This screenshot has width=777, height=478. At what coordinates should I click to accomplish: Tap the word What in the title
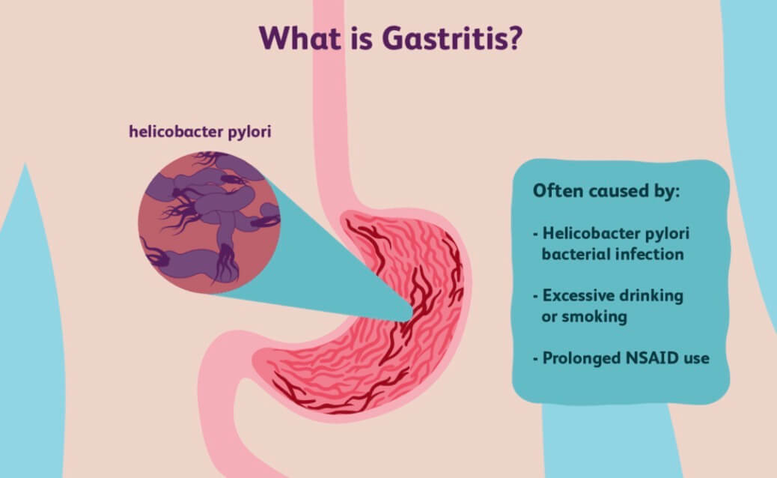pos(300,38)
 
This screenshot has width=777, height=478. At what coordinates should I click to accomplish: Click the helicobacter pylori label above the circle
pos(200,132)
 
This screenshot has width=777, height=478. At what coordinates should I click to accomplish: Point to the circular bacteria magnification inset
pos(209,222)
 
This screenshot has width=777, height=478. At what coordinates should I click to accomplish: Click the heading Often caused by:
pos(606,191)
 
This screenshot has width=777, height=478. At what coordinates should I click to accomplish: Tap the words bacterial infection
pos(612,254)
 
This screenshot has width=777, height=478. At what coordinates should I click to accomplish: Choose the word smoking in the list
pos(596,317)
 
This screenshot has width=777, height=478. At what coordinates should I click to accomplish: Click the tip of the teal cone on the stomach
pos(412,313)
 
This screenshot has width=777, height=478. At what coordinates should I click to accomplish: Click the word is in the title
pos(362,38)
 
